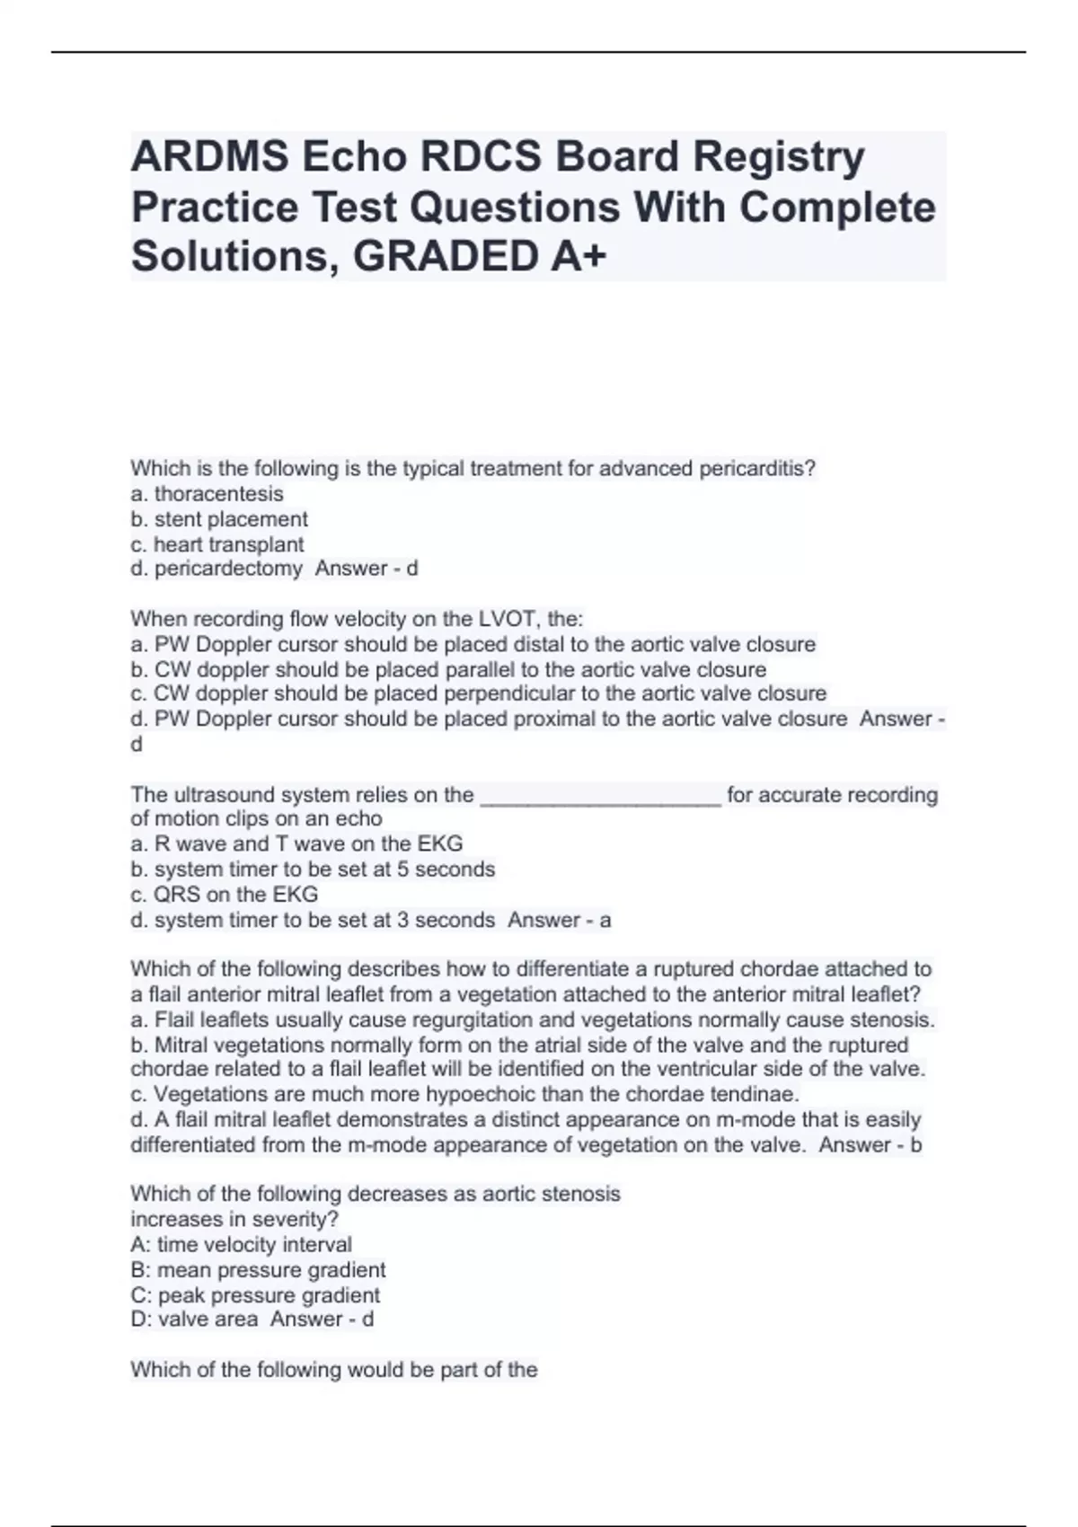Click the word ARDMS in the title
click(x=209, y=157)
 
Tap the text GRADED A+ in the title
click(x=480, y=257)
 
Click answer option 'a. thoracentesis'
click(x=207, y=494)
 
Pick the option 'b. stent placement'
click(x=219, y=519)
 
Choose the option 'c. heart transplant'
click(x=217, y=544)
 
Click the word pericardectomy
click(x=228, y=569)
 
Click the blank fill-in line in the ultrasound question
click(x=601, y=796)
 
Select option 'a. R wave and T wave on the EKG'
click(x=296, y=844)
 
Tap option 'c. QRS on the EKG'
click(x=225, y=895)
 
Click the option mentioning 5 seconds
click(x=313, y=869)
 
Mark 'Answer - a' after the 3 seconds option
click(x=560, y=920)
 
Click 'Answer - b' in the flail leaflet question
click(x=870, y=1144)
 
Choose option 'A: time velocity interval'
click(x=241, y=1245)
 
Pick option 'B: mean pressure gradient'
click(x=258, y=1270)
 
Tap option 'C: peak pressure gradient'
click(x=255, y=1295)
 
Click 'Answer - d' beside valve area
click(x=323, y=1320)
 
